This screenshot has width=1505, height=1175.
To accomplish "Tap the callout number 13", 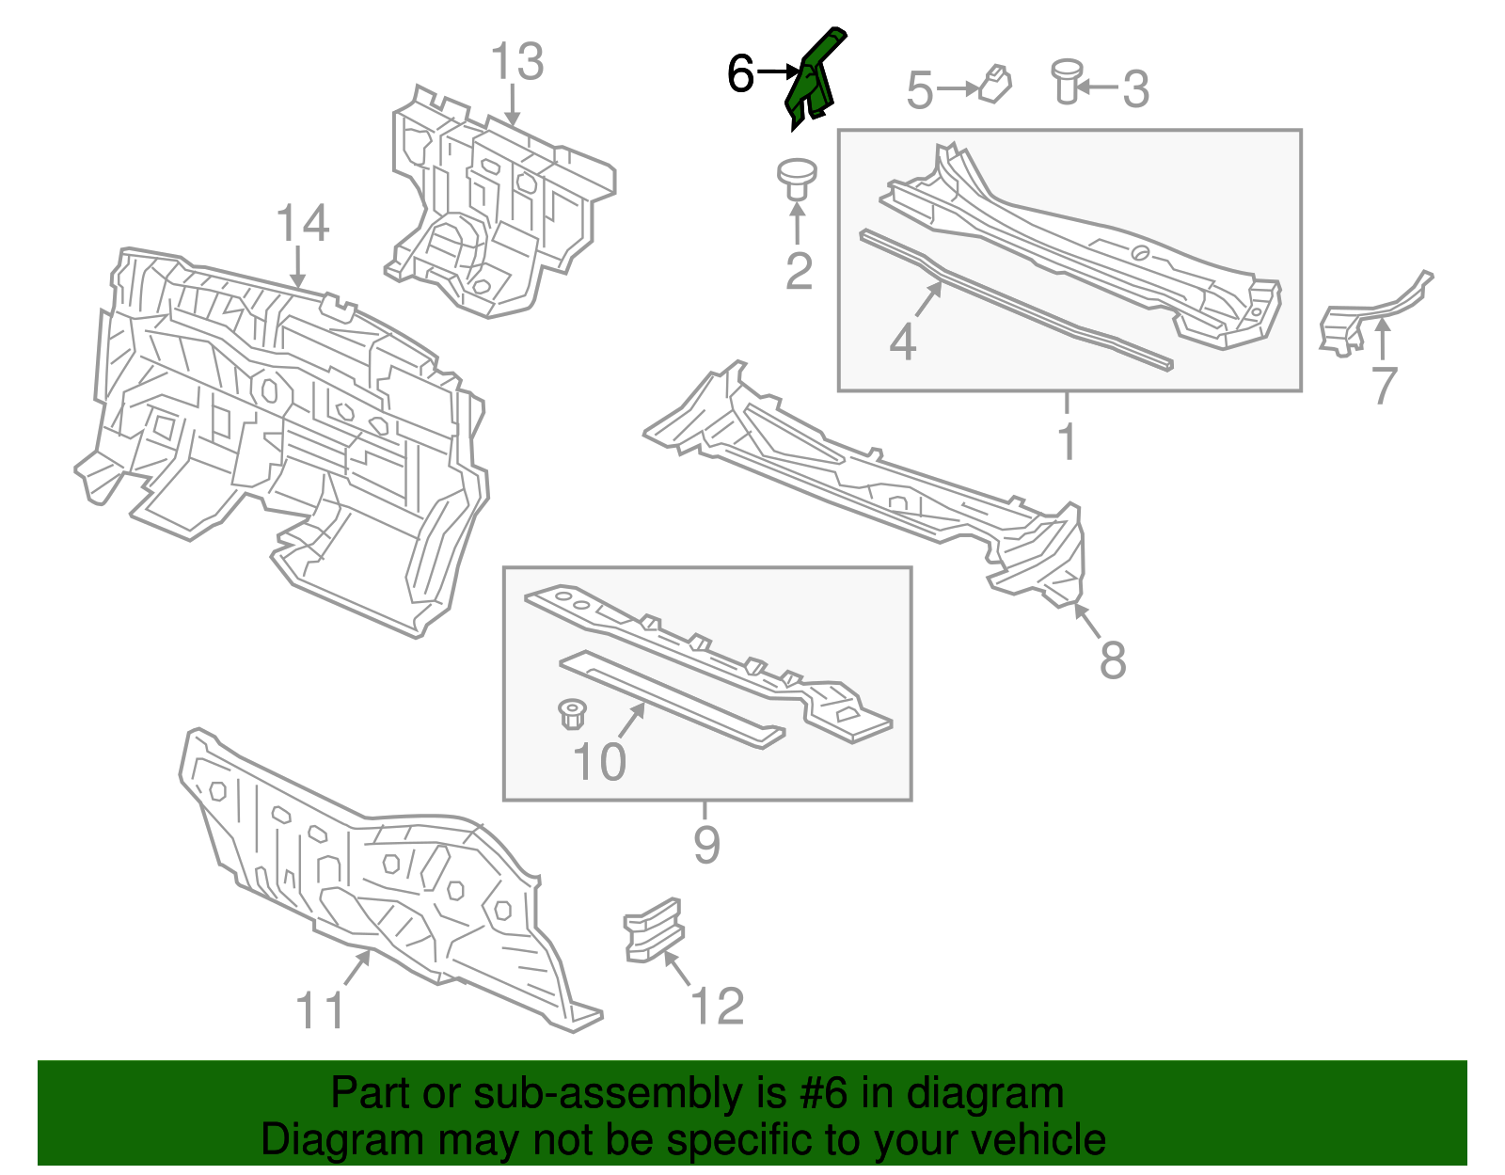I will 517,62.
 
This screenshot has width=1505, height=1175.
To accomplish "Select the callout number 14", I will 303,224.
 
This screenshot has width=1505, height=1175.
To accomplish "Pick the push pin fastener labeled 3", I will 1066,81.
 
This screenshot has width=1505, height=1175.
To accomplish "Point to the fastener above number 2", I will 796,179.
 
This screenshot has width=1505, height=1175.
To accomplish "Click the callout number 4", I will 902,341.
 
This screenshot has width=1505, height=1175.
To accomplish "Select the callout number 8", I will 1113,659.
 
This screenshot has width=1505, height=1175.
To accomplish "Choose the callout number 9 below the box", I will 706,844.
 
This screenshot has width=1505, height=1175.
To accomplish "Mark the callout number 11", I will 320,1010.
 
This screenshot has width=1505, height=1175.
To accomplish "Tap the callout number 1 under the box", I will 1067,440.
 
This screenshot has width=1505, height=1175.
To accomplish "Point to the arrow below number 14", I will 298,267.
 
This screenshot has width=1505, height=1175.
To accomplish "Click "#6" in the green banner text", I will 825,1093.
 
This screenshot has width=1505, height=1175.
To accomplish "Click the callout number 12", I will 718,1006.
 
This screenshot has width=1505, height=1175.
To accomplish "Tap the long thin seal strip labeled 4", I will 1016,300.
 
